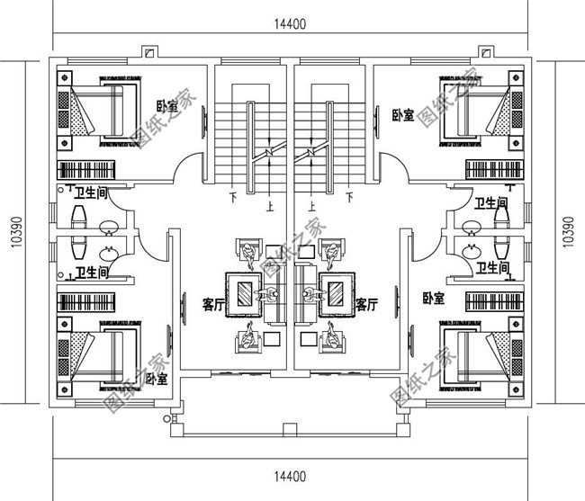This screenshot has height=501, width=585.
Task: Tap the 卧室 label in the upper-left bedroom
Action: pyautogui.click(x=166, y=105)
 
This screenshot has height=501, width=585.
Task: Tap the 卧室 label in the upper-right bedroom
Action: pyautogui.click(x=403, y=115)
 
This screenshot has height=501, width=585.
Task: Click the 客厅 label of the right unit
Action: pyautogui.click(x=366, y=306)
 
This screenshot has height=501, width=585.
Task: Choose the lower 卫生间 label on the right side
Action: pyautogui.click(x=493, y=267)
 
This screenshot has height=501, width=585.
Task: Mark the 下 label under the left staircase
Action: pyautogui.click(x=233, y=196)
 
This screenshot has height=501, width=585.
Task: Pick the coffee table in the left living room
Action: pyautogui.click(x=246, y=293)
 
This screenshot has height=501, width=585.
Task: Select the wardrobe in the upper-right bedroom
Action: pyautogui.click(x=494, y=169)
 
